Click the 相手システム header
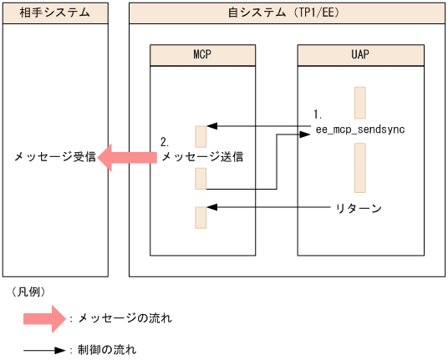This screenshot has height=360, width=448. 54,13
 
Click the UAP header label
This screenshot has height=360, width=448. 360,55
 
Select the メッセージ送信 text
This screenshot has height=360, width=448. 197,156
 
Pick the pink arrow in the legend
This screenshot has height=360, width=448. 43,318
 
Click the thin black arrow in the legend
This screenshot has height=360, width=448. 43,349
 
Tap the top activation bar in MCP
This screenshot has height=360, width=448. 201,136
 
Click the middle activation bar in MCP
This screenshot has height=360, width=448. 201,179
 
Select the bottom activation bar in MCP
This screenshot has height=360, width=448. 201,217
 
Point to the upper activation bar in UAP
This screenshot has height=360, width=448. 360,103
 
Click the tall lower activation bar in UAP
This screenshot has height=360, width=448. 360,168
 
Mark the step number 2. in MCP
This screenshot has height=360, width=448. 165,143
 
